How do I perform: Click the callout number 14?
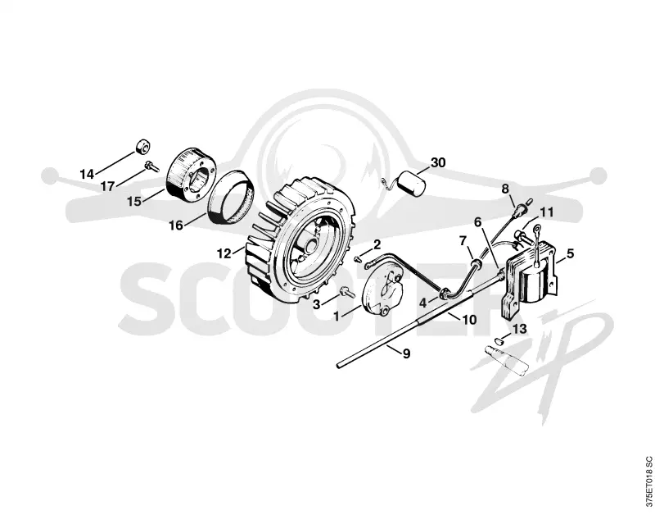pyautogui.click(x=88, y=174)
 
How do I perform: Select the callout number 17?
pyautogui.click(x=107, y=186)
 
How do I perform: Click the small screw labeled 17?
pyautogui.click(x=151, y=166)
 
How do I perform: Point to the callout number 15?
pyautogui.click(x=134, y=201)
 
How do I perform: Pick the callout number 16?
pyautogui.click(x=176, y=225)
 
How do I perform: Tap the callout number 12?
pyautogui.click(x=224, y=253)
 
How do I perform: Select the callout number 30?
pyautogui.click(x=438, y=162)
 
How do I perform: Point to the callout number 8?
pyautogui.click(x=505, y=189)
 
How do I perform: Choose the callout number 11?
pyautogui.click(x=546, y=212)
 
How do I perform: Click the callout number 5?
pyautogui.click(x=570, y=253)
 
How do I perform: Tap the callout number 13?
pyautogui.click(x=520, y=329)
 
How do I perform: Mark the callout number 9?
pyautogui.click(x=406, y=353)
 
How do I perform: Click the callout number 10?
pyautogui.click(x=469, y=320)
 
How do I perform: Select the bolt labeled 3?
pyautogui.click(x=347, y=292)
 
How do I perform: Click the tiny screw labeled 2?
pyautogui.click(x=358, y=259)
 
